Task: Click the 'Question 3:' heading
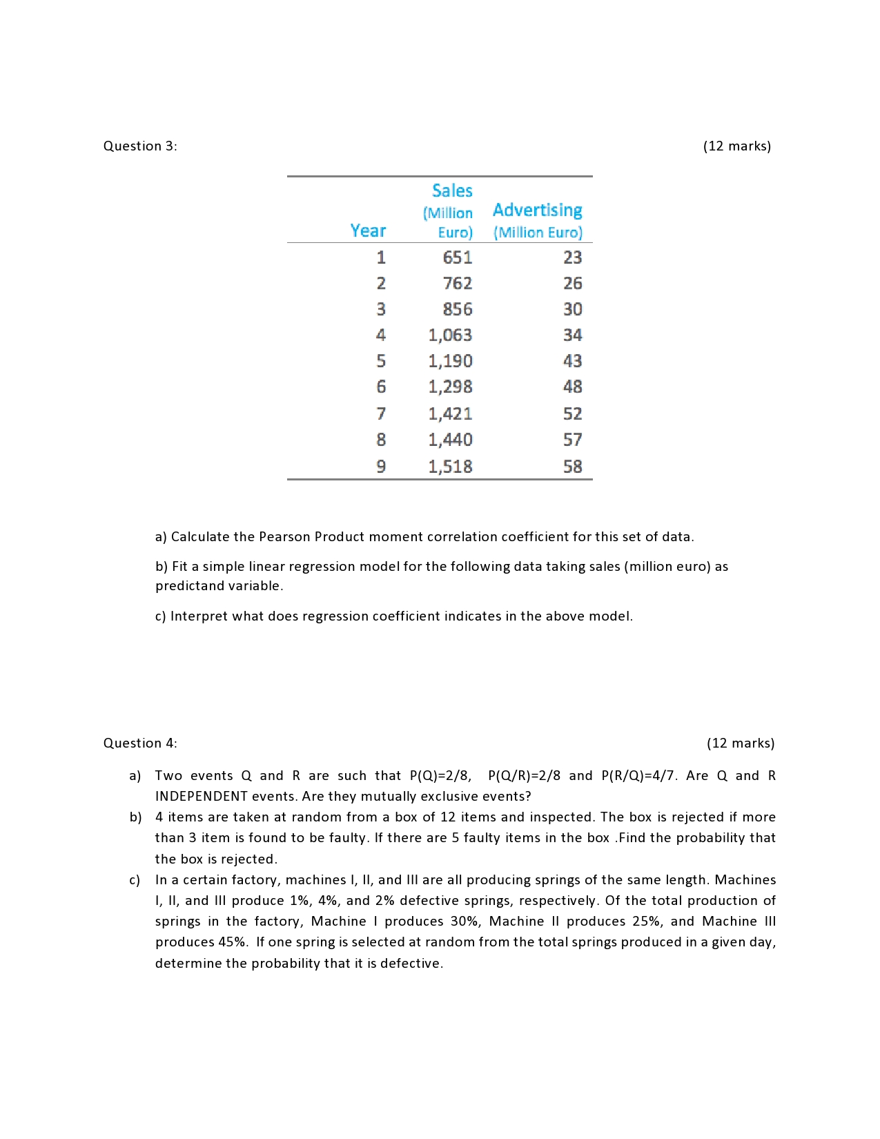140,146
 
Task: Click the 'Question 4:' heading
140,743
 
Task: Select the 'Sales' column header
452,191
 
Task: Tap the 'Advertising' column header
537,210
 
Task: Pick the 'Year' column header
368,231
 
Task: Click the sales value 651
457,257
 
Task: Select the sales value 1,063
450,335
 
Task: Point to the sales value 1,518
450,467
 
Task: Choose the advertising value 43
572,361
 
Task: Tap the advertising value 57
572,440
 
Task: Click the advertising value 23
572,257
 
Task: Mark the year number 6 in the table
381,387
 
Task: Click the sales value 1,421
450,413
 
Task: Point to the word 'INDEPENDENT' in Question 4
201,796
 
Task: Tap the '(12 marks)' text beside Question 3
736,146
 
